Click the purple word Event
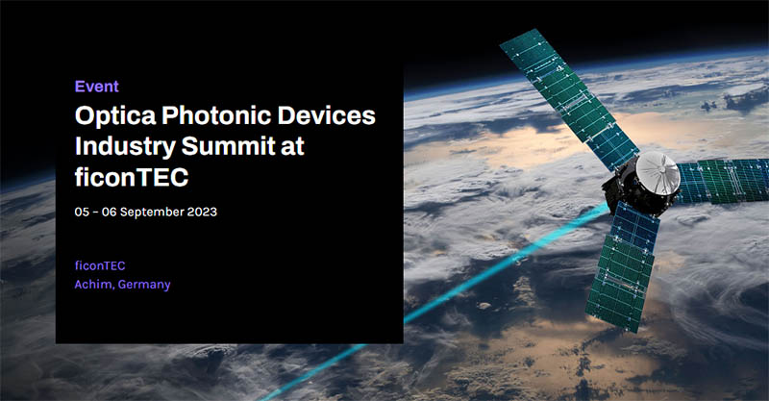point(97,87)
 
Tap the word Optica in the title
point(115,116)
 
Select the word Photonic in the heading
point(216,116)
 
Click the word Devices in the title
point(327,115)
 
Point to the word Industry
point(125,147)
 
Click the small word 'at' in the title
point(293,147)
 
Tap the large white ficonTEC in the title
point(132,176)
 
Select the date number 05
point(82,212)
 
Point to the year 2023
point(202,212)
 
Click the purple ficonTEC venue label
point(100,265)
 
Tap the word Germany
point(144,285)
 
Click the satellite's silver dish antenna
point(657,173)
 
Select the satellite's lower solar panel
point(624,265)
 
